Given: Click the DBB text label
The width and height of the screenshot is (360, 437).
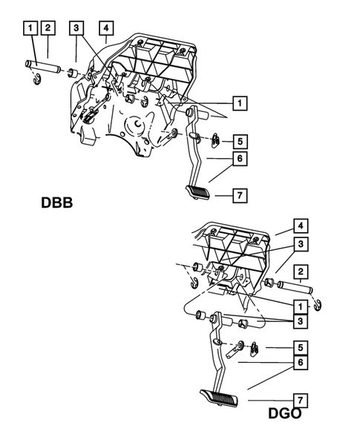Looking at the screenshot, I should pos(56,203).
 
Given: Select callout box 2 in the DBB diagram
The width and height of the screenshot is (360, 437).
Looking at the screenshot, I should pos(47,29).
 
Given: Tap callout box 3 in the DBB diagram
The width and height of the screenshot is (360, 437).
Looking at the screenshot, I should pos(76,29).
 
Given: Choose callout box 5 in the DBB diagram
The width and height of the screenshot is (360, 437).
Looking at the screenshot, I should pos(239,139).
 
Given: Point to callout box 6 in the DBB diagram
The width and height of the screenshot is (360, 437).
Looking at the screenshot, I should pos(239,157).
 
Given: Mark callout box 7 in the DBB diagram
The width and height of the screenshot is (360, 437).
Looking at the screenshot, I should pos(239,196).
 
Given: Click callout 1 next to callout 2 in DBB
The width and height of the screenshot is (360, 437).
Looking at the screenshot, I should pos(29,29).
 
